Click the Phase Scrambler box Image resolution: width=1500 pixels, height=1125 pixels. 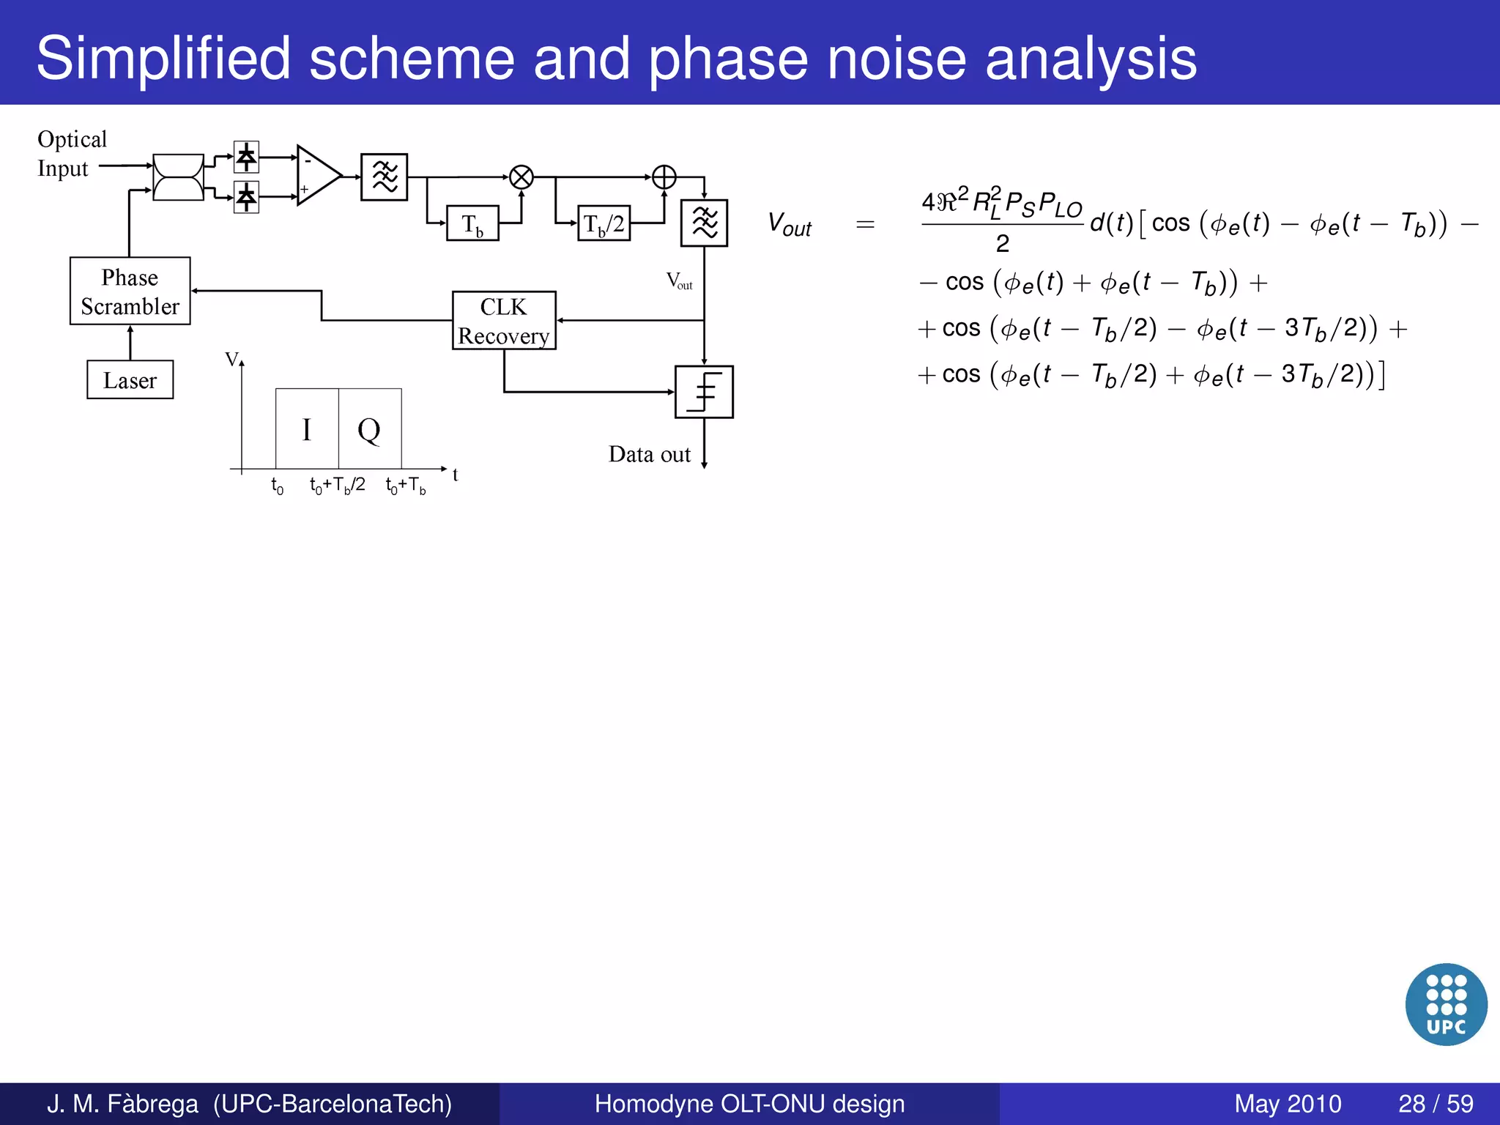point(130,291)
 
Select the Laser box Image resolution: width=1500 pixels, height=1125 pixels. point(130,379)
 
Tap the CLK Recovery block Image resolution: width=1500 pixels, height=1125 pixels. point(504,321)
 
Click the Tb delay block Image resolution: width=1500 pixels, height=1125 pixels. point(472,223)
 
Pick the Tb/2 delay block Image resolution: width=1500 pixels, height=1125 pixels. point(604,223)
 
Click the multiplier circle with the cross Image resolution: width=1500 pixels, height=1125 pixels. point(521,177)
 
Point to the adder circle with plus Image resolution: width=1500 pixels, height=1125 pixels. point(664,177)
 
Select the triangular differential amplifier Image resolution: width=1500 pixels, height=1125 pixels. point(316,176)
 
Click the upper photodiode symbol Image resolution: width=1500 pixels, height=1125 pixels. point(246,156)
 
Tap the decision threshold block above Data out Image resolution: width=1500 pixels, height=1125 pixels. point(704,392)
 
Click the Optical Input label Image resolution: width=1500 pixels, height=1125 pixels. point(72,154)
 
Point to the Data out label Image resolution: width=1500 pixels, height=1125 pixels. point(649,454)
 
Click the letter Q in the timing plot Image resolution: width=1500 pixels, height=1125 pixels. point(369,430)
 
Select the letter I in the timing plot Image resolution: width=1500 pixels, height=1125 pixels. point(307,430)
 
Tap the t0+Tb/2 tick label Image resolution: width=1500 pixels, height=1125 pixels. point(337,485)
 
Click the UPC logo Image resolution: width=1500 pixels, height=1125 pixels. point(1446,1003)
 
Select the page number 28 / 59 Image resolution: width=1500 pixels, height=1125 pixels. point(1436,1103)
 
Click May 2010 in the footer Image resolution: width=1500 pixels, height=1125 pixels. point(1287,1103)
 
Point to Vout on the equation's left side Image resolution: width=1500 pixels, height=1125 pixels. point(789,224)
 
